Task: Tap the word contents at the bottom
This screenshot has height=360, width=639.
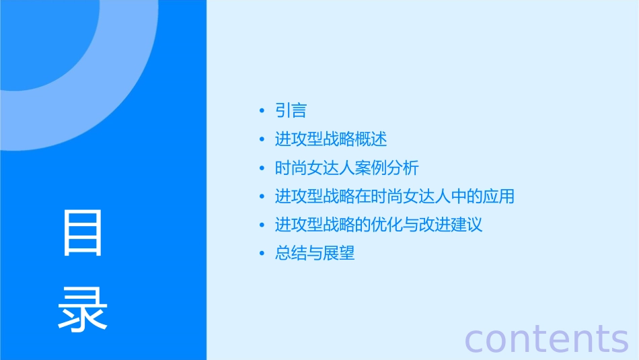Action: point(546,338)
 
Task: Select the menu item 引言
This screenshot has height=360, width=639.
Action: point(291,110)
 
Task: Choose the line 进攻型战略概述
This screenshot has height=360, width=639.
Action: point(331,139)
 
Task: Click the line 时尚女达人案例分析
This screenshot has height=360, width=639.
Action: point(347,168)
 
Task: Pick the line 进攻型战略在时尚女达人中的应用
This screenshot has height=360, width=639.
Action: point(395,196)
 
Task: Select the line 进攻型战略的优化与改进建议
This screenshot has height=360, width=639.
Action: point(379,225)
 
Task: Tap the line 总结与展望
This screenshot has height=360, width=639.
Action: point(315,253)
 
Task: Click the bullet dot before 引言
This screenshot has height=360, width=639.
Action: point(262,111)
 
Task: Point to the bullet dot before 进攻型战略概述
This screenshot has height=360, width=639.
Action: point(262,140)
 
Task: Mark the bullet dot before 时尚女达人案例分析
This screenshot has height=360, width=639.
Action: point(262,168)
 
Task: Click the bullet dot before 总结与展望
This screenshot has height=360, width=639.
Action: point(262,254)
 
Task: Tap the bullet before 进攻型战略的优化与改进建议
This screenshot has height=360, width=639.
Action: point(262,225)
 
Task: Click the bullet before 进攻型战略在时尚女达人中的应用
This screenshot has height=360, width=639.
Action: point(262,197)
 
